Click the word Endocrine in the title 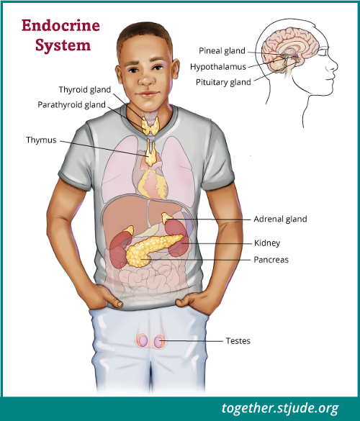[x=60, y=26]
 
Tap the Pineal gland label [x=222, y=51]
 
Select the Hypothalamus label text [x=218, y=67]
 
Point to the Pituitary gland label [x=223, y=82]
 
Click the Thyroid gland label [x=85, y=90]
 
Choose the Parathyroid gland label [x=71, y=105]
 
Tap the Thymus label [x=41, y=140]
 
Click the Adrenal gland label [x=280, y=219]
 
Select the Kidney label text [x=267, y=243]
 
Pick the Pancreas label [x=271, y=260]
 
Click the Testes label [x=238, y=340]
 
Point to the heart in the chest [x=153, y=184]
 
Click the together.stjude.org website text [x=280, y=408]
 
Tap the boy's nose [x=147, y=78]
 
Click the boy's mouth [x=147, y=94]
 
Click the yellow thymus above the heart [x=151, y=154]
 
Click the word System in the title [x=63, y=45]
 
